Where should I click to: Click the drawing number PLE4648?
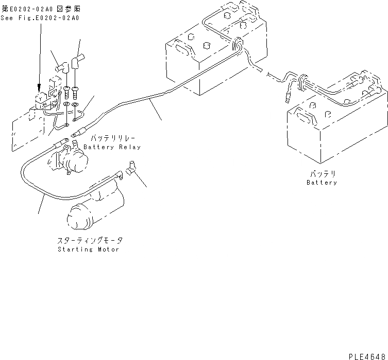coord(366,355)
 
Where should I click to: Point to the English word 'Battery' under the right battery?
coord(322,183)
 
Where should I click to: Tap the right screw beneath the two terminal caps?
coord(76,93)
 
